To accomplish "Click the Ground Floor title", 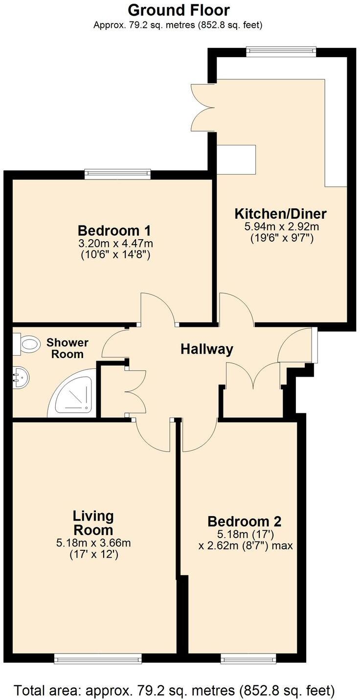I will tap(179, 10).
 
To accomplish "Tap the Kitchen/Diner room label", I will tap(281, 214).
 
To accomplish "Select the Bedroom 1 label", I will tap(114, 230).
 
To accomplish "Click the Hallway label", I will tap(206, 349).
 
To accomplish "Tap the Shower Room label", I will tap(67, 348).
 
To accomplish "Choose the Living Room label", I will tap(93, 522).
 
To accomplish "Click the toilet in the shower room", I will tap(27, 344).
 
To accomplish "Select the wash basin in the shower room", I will tap(21, 377).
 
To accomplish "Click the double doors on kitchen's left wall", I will tap(201, 107).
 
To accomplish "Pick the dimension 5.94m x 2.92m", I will tap(281, 227).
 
